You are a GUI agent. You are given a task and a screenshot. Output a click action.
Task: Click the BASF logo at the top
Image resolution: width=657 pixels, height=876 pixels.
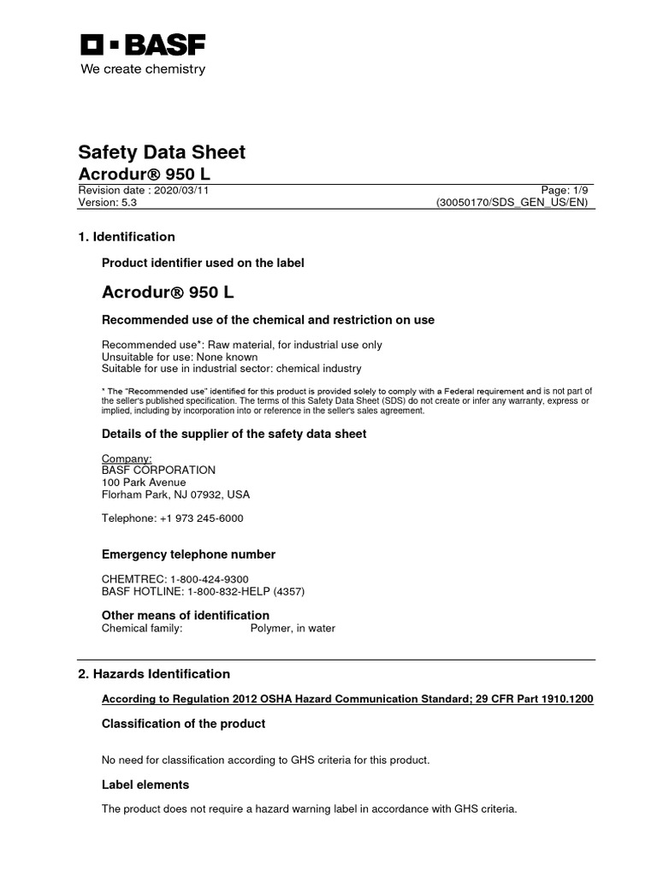click(143, 44)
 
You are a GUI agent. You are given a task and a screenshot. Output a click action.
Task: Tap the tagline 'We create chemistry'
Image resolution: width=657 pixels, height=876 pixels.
click(143, 69)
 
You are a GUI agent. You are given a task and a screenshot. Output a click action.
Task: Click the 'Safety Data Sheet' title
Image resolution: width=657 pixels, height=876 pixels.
click(162, 152)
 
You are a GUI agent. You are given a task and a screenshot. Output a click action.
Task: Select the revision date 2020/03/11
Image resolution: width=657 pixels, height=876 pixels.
click(181, 191)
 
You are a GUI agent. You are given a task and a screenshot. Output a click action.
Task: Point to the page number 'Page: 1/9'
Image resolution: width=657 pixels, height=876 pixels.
click(565, 191)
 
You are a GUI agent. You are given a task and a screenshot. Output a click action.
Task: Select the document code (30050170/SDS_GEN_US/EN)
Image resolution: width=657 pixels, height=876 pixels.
click(512, 203)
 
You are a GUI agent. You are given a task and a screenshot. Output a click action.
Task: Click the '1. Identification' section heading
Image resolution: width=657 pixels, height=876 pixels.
click(127, 237)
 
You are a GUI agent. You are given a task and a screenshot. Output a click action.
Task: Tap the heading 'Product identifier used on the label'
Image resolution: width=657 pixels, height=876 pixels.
click(203, 263)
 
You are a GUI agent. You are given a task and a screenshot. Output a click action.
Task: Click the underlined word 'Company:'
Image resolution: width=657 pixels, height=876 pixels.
click(127, 459)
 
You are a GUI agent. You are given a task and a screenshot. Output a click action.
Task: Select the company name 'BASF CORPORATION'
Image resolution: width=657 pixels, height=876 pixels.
click(158, 471)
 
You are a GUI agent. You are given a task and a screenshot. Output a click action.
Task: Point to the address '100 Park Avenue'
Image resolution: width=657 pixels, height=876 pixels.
click(144, 482)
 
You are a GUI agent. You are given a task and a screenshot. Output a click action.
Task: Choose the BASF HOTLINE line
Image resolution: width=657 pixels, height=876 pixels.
click(203, 591)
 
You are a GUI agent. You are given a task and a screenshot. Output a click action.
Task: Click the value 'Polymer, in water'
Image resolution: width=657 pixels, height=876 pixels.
click(292, 628)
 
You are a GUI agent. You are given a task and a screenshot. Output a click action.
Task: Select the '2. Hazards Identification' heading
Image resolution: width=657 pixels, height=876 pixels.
click(154, 674)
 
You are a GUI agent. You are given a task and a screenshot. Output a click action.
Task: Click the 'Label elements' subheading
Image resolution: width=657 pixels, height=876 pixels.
click(145, 784)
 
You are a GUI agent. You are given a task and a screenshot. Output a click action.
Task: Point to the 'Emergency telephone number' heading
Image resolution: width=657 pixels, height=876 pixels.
click(188, 554)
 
